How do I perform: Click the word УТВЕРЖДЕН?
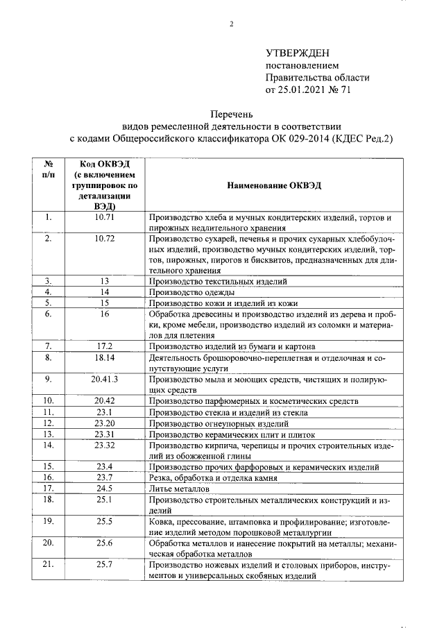pyautogui.click(x=298, y=53)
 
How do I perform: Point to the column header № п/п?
pyautogui.click(x=49, y=169)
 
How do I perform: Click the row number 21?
pyautogui.click(x=49, y=564)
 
